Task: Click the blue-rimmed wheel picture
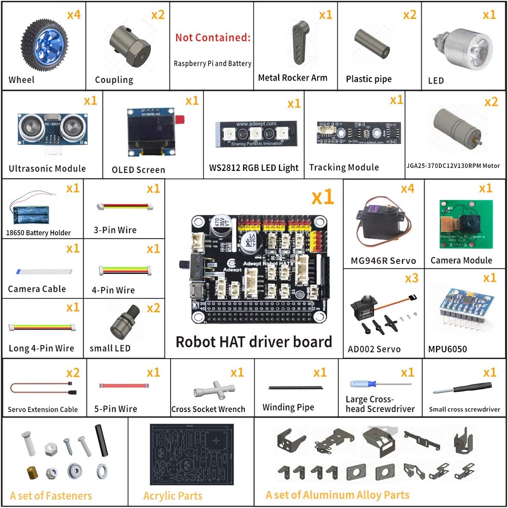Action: point(44,45)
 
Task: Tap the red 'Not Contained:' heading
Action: point(213,38)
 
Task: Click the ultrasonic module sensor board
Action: point(52,129)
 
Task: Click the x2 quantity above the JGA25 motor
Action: point(491,102)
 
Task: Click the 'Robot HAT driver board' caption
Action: point(254,342)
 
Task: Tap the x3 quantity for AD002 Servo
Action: point(411,278)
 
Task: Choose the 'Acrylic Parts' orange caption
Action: point(173,496)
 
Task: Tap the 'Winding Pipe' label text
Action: point(288,407)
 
